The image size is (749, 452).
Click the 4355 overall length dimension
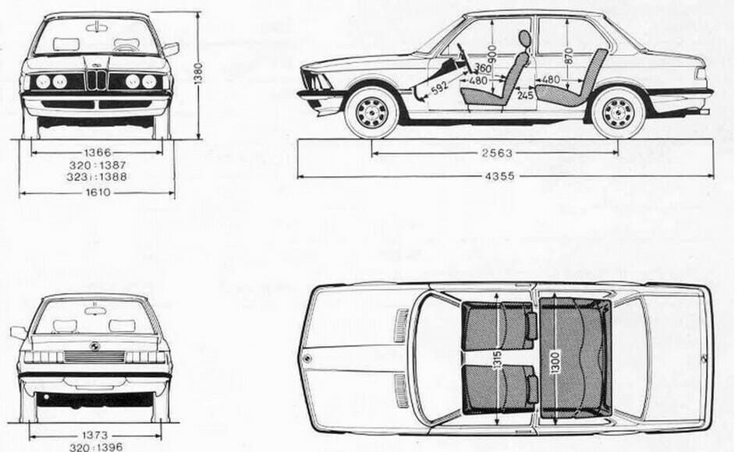click(x=500, y=177)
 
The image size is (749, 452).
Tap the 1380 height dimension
click(x=199, y=73)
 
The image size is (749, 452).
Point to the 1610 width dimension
click(x=98, y=192)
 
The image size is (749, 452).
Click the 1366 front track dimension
click(x=98, y=153)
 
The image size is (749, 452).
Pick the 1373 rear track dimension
click(x=95, y=436)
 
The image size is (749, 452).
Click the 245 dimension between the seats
click(x=525, y=95)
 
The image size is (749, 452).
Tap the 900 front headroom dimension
click(x=492, y=55)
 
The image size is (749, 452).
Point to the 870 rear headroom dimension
click(x=568, y=55)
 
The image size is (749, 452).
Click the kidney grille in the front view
click(x=97, y=80)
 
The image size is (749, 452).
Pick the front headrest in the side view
click(x=524, y=38)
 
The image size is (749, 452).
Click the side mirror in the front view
click(x=171, y=48)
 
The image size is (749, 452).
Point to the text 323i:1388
click(x=98, y=177)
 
